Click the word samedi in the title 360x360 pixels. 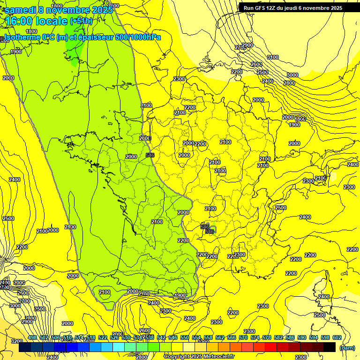pyautogui.click(x=21, y=10)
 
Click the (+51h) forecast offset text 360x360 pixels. pyautogui.click(x=81, y=21)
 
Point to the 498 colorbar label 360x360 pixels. pyautogui.click(x=32, y=337)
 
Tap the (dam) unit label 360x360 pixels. pyautogui.click(x=347, y=348)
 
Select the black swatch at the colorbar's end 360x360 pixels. pyautogui.click(x=330, y=347)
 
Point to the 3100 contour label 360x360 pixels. pyautogui.click(x=272, y=57)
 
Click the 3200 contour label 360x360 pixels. pyautogui.click(x=17, y=341)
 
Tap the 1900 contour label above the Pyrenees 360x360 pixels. pyautogui.click(x=180, y=295)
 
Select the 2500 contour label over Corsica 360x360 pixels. pyautogui.click(x=319, y=315)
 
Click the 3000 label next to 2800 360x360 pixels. pyautogui.click(x=292, y=75)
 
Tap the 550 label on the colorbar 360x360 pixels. pyautogui.click(x=184, y=337)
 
